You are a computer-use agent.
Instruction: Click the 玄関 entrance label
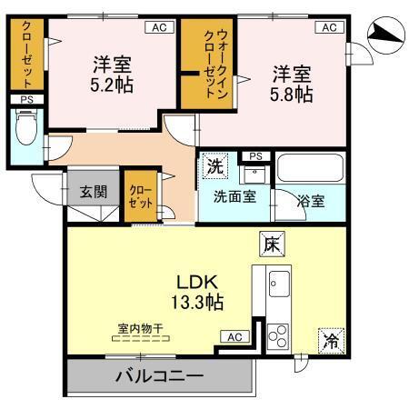tap(92, 192)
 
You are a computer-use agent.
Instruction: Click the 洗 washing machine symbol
tap(215, 166)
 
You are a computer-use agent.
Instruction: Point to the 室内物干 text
tap(137, 328)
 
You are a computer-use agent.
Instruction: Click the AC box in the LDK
tap(234, 337)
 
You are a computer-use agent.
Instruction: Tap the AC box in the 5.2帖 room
tap(158, 28)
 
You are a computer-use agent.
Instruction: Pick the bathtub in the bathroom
tap(310, 170)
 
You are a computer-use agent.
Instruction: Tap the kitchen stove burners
tap(277, 334)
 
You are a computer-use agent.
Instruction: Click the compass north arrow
tap(385, 35)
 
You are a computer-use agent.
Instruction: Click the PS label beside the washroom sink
tap(255, 156)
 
